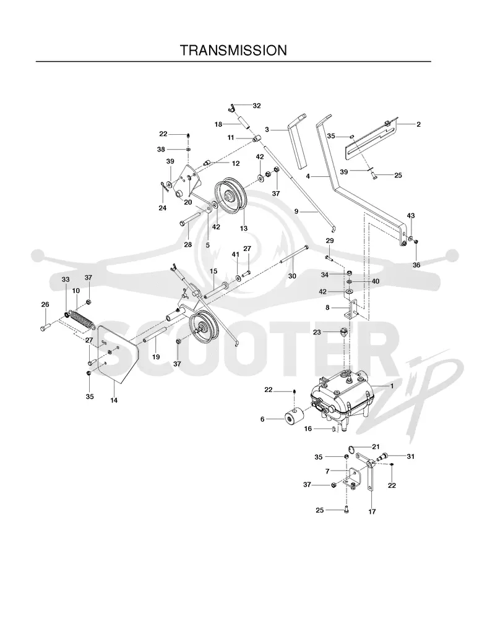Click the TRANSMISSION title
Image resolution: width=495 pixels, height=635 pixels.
pos(233,50)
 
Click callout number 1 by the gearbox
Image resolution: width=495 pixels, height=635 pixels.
pos(392,386)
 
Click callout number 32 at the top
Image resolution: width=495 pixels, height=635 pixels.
pos(257,106)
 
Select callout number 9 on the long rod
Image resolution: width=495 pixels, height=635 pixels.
pos(296,211)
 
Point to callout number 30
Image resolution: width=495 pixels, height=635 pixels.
pos(292,276)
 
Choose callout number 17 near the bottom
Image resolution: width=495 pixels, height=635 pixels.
pos(372,511)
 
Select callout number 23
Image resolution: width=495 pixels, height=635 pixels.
pos(317,332)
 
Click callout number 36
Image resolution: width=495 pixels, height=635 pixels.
pos(416,265)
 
